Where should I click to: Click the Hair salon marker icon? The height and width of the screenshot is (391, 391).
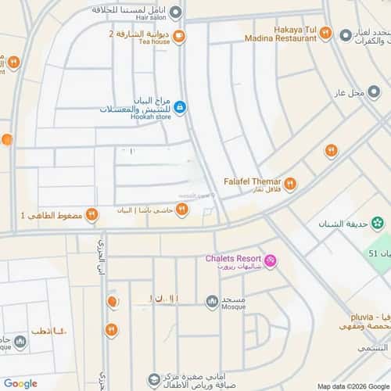pos(176,12)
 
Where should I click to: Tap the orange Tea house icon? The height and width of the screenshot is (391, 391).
pos(180,35)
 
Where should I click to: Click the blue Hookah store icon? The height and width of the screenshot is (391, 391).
pos(180,107)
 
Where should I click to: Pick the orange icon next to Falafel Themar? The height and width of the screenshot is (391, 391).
pos(290,184)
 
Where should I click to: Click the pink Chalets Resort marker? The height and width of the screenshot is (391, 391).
pos(270,260)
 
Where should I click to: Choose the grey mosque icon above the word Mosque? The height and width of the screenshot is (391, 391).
pos(212,301)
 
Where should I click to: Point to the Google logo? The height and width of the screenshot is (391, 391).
pos(20,383)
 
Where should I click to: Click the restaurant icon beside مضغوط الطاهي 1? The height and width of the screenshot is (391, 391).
pos(92,213)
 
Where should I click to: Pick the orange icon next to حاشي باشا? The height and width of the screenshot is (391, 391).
pos(181,209)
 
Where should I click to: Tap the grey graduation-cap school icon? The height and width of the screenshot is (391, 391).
pos(156,379)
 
